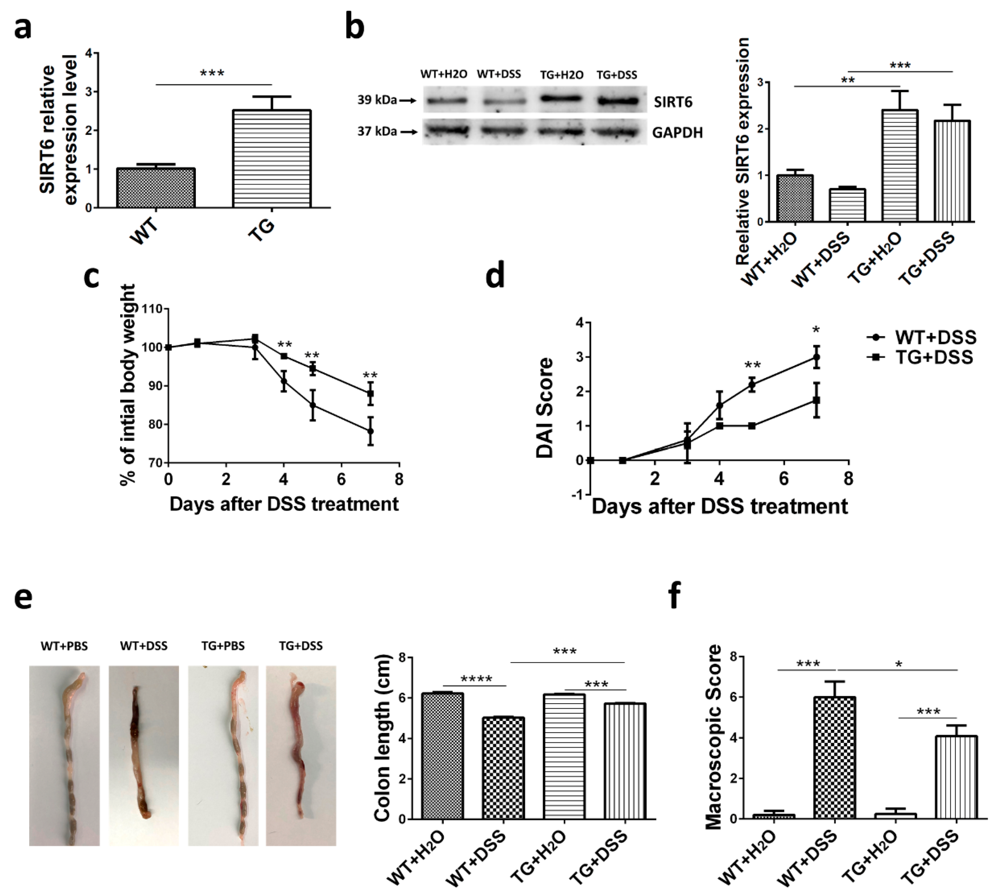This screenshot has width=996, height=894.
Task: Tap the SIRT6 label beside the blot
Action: pyautogui.click(x=673, y=102)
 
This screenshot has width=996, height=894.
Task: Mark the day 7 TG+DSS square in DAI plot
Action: pyautogui.click(x=816, y=400)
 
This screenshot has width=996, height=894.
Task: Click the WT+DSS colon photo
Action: pyautogui.click(x=143, y=755)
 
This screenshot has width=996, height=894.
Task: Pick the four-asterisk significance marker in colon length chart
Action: pyautogui.click(x=476, y=679)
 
